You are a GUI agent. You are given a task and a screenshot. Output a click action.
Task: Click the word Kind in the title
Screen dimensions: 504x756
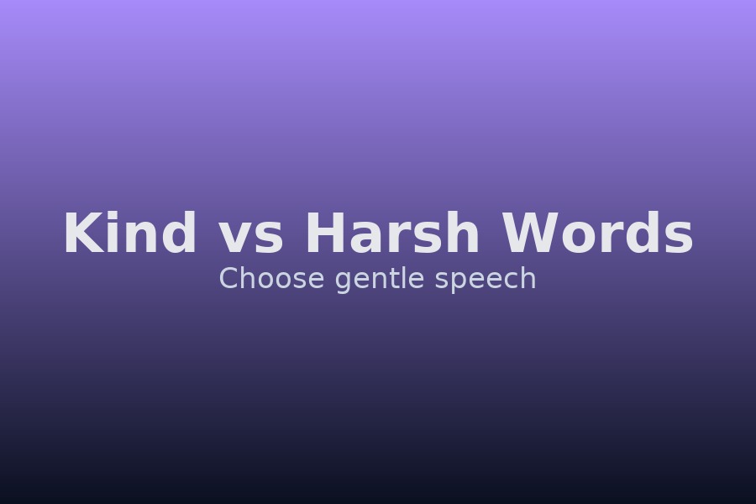point(130,234)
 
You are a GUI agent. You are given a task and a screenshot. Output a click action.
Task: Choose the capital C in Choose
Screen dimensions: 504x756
point(228,279)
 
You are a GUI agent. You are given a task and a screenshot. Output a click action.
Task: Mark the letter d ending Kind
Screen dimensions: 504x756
point(180,234)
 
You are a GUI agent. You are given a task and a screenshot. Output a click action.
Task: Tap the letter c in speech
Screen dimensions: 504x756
point(512,281)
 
